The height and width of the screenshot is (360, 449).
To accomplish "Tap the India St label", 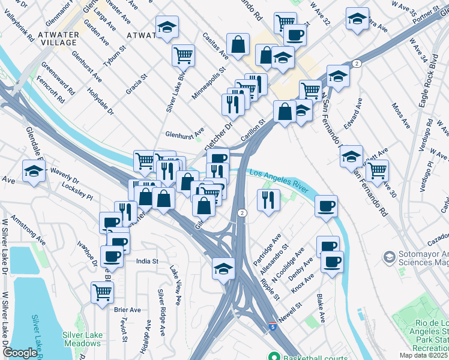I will pyautogui.click(x=147, y=262).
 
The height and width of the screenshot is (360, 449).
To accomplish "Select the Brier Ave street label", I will pyautogui.click(x=127, y=310).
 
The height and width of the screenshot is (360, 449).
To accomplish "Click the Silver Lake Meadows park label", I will pyautogui.click(x=82, y=339).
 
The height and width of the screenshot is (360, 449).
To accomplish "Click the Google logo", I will pyautogui.click(x=20, y=353).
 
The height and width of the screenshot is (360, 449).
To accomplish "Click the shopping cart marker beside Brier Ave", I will pyautogui.click(x=103, y=293).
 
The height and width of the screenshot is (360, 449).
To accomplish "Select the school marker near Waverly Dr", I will pyautogui.click(x=34, y=171).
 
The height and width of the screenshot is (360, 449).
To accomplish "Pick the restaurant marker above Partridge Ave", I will pyautogui.click(x=268, y=200).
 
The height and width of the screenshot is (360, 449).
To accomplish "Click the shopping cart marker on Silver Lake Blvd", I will pyautogui.click(x=183, y=55).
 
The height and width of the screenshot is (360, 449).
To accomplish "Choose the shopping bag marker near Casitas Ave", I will pyautogui.click(x=238, y=44).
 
